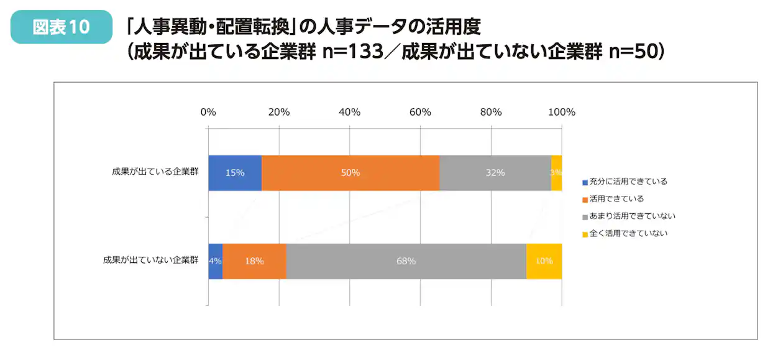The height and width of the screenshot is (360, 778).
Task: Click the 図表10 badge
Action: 62,27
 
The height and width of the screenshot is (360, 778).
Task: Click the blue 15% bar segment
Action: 235,173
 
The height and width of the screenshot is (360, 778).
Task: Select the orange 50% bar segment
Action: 350,173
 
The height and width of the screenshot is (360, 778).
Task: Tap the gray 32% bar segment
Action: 495,173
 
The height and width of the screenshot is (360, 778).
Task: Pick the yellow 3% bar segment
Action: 556,173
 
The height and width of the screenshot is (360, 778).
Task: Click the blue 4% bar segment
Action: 215,261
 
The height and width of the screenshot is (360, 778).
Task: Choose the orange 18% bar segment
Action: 254,261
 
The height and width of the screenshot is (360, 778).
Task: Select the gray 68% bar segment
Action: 406,261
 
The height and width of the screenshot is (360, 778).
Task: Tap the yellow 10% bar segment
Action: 544,261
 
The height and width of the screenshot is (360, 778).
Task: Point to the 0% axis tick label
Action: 208,113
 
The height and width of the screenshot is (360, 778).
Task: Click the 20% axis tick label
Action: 279,113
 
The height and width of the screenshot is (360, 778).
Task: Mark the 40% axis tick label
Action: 350,113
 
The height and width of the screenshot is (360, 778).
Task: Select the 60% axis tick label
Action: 421,113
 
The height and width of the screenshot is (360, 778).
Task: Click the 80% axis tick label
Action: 492,113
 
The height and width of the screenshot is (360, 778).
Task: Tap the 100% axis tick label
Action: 562,113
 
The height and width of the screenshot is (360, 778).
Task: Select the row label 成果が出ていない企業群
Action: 150,260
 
